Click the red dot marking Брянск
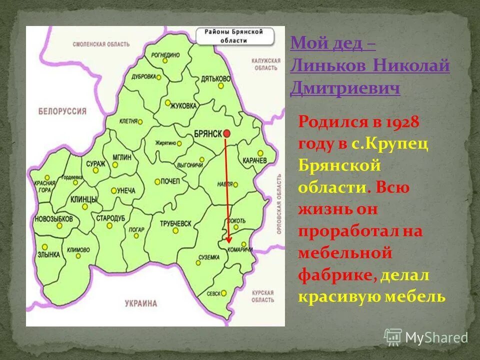pyautogui.click(x=226, y=133)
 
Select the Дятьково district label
pyautogui.click(x=215, y=78)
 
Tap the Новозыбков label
pyautogui.click(x=53, y=219)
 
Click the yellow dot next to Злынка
pyautogui.click(x=45, y=247)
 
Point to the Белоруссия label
pyautogui.click(x=62, y=111)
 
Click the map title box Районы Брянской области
pyautogui.click(x=236, y=36)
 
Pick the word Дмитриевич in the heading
pyautogui.click(x=345, y=89)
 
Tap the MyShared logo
pyautogui.click(x=426, y=337)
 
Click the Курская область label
pyautogui.click(x=263, y=296)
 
